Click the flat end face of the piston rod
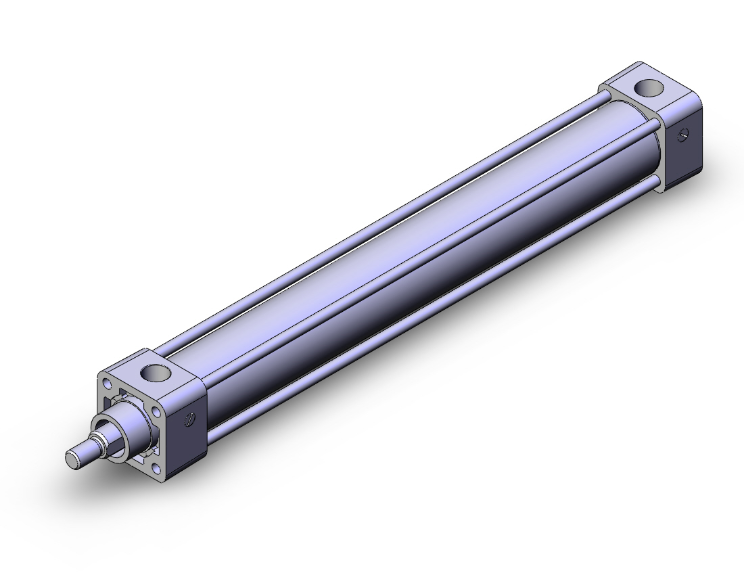point(73,458)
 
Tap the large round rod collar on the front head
point(130,419)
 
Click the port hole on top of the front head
point(156,372)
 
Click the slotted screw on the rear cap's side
point(684,136)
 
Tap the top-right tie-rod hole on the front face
point(157,407)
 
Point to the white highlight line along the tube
point(400,232)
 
